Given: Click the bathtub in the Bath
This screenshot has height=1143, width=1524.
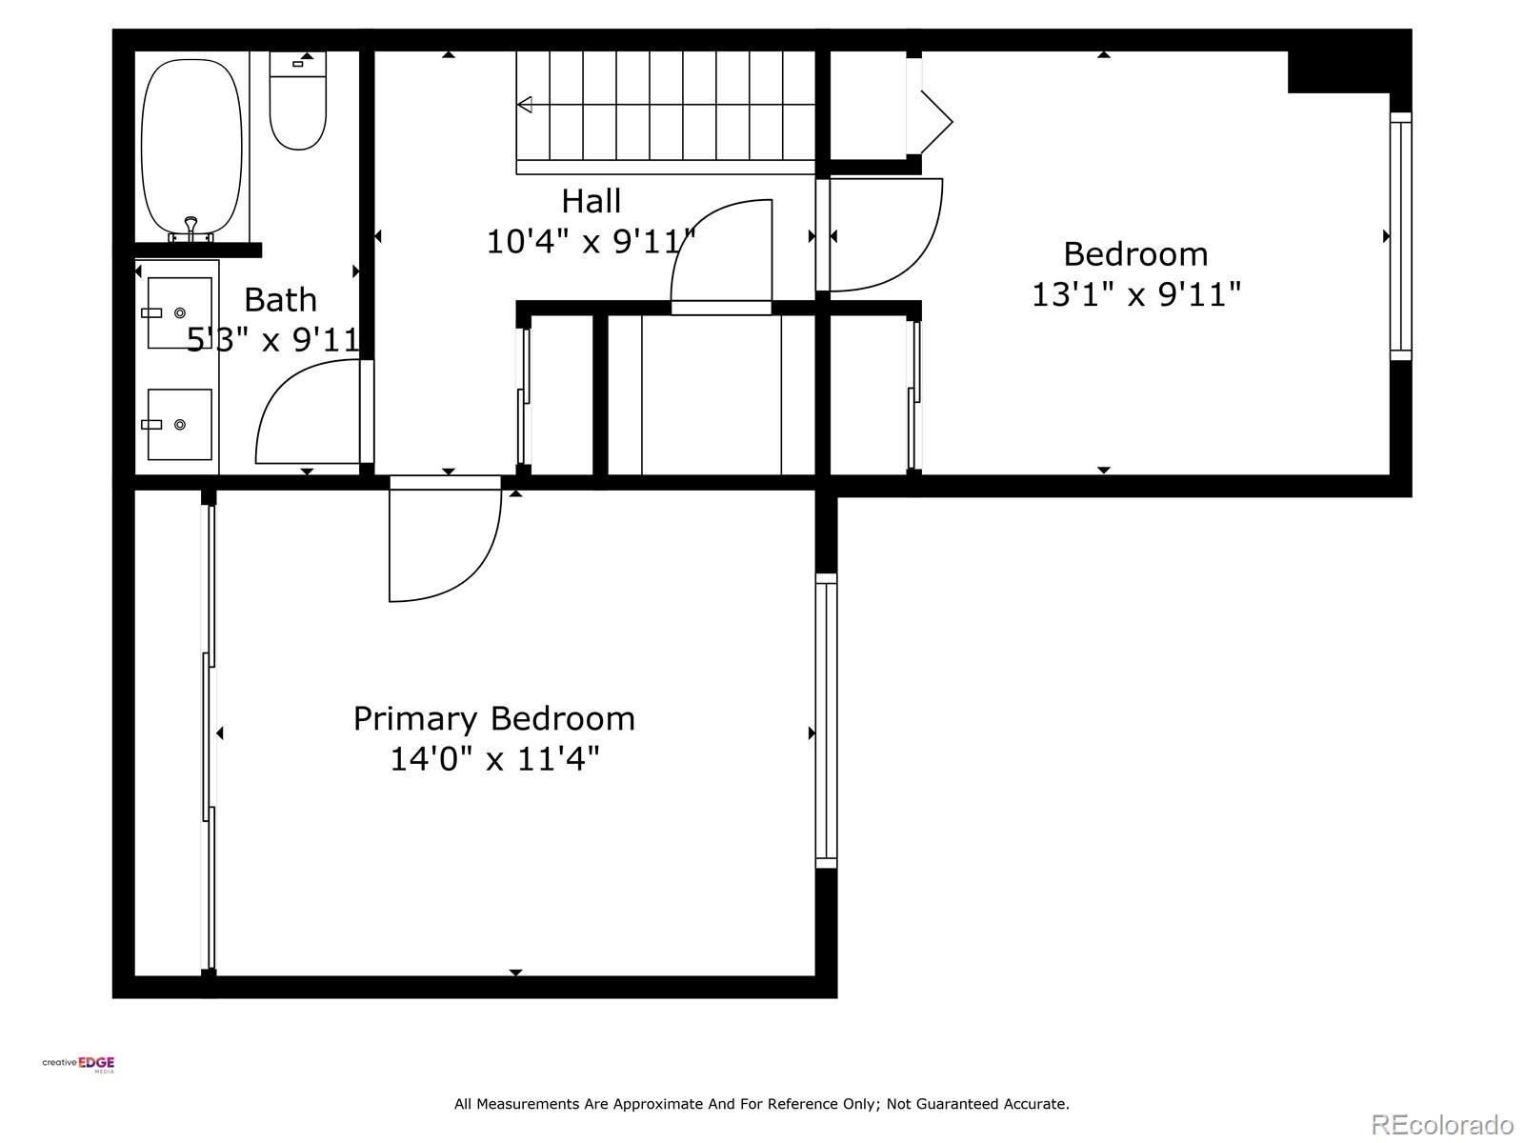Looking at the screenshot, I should [190, 143].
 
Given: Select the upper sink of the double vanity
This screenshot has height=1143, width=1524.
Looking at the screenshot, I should [179, 312].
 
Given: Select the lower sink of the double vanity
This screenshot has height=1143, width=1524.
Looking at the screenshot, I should [179, 424].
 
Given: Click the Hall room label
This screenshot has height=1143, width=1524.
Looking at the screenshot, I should [591, 201].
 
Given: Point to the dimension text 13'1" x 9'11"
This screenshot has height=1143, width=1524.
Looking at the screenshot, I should [1135, 294].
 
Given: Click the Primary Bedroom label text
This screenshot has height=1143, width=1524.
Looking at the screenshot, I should [493, 718].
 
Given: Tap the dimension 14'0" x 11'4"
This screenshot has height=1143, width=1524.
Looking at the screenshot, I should [493, 759].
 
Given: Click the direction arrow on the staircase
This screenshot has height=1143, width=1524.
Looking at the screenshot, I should [525, 105].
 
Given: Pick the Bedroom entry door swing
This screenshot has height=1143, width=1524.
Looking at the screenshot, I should [886, 238].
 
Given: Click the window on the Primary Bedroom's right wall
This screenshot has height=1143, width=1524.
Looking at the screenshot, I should [826, 720].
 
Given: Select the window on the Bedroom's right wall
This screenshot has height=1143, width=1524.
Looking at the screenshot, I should [1400, 235].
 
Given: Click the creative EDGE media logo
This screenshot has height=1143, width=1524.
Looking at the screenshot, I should [78, 1064].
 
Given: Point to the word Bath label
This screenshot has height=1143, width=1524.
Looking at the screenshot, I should [280, 300].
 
